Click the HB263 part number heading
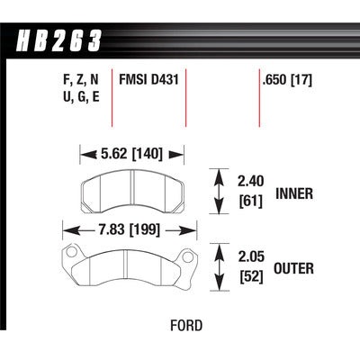(58, 40)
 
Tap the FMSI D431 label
(148, 80)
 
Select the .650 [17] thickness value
(287, 80)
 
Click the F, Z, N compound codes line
(81, 80)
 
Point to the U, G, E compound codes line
(81, 97)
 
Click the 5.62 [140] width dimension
(131, 154)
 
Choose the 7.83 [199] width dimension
(130, 230)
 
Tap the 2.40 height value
(251, 181)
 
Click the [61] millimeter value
(251, 201)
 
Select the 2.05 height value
(251, 256)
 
